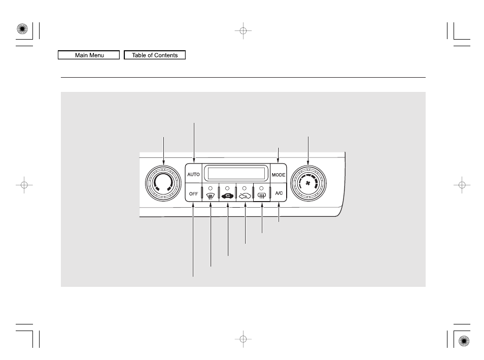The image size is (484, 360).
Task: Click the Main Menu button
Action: click(89, 55)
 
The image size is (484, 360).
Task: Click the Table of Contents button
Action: click(155, 55)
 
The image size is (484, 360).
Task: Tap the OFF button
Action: click(193, 194)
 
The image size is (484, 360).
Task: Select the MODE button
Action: click(279, 175)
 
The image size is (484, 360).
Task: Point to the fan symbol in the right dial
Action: click(308, 183)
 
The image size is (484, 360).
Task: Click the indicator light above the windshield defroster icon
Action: click(211, 188)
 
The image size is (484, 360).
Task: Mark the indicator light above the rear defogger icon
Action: click(262, 188)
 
